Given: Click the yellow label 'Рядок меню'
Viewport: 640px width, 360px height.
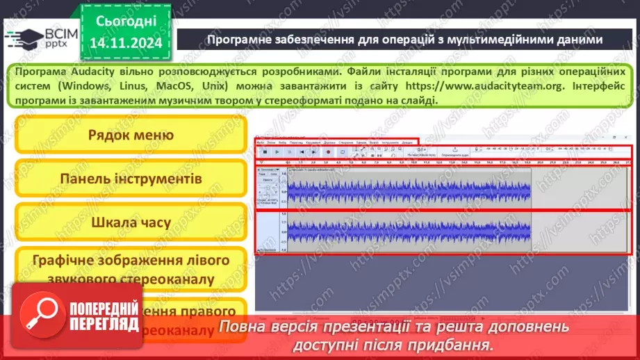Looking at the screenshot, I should coord(131,135).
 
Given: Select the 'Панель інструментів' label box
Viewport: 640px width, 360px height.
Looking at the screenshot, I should coord(131,179).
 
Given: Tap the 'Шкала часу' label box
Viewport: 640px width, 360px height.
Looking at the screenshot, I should coord(131,222).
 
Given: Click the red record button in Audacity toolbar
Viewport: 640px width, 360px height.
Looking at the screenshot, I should coord(327,152).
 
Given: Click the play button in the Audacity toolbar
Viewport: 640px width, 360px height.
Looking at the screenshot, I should coord(277,152).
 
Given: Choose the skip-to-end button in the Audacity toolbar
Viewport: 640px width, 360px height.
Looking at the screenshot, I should coord(315,152).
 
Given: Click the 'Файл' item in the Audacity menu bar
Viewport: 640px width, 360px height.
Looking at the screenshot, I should coord(260,142).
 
